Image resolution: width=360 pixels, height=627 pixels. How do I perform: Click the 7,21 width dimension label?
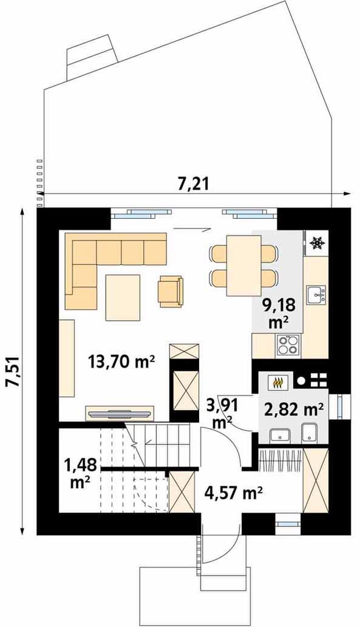(194, 183)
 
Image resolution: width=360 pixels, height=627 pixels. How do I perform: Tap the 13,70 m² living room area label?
(121, 362)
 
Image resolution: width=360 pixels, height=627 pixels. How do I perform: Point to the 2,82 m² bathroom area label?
(294, 410)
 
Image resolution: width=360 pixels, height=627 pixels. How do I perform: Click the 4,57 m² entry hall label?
(233, 492)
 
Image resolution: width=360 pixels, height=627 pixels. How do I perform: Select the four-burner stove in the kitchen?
(288, 344)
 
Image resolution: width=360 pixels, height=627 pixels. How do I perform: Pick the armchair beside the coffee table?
(171, 292)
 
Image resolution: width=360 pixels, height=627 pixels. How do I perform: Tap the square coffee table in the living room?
(123, 298)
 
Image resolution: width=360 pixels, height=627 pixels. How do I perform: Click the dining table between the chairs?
(243, 266)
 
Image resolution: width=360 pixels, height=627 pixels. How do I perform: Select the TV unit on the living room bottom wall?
(120, 414)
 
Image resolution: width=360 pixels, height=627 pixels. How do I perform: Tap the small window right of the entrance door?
(288, 523)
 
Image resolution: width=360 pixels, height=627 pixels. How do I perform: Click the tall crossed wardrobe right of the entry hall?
(316, 480)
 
